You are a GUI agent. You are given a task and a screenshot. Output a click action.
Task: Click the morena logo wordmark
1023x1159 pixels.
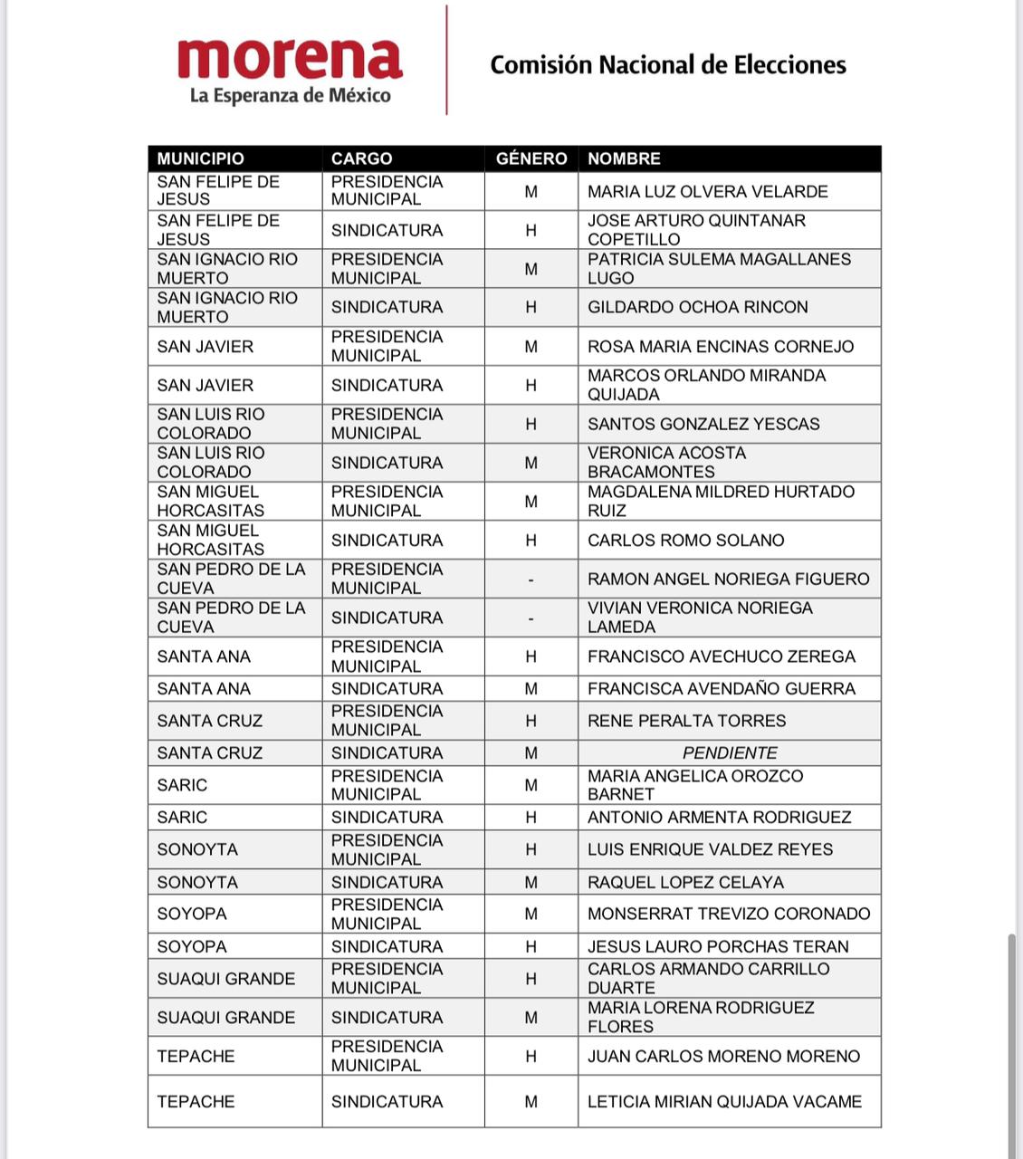[x=290, y=59]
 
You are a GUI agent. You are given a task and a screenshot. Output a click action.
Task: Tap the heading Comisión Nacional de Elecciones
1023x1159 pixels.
[x=668, y=65]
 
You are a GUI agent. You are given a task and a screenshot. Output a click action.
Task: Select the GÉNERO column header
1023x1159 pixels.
[x=531, y=158]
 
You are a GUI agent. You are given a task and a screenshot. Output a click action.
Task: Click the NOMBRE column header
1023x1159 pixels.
[x=624, y=158]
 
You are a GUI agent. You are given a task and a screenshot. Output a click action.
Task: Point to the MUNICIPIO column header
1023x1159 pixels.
[x=200, y=158]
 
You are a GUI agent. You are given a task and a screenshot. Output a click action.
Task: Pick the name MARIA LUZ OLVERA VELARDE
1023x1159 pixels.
[x=707, y=191]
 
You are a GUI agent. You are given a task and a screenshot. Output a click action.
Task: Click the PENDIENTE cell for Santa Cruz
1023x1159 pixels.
[x=730, y=752]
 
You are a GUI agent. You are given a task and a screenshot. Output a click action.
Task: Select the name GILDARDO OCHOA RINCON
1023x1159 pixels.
[x=697, y=307]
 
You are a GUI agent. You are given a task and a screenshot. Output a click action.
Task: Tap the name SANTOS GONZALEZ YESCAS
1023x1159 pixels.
[x=703, y=424]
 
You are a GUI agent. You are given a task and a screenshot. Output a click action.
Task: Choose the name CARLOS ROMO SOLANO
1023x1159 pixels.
[x=685, y=541]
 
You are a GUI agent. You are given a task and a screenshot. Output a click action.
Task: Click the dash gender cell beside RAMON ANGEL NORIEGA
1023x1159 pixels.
[x=531, y=579]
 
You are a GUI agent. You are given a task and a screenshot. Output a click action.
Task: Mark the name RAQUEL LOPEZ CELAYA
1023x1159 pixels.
[x=685, y=882]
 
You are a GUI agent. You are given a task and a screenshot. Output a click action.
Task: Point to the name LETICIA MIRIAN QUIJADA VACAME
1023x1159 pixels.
[x=724, y=1101]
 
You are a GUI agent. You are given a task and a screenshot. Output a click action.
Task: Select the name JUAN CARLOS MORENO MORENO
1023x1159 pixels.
[x=723, y=1056]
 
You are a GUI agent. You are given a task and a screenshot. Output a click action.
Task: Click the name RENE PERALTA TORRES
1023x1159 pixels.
[x=686, y=721]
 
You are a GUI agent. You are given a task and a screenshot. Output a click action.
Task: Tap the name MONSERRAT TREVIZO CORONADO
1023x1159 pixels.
[x=729, y=914]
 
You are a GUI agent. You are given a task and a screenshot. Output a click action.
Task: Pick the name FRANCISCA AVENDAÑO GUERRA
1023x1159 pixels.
[x=721, y=688]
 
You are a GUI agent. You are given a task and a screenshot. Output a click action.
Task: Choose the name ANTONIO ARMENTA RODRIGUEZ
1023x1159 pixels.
[x=719, y=817]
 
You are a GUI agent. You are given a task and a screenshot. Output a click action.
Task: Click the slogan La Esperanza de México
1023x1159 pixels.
[x=290, y=95]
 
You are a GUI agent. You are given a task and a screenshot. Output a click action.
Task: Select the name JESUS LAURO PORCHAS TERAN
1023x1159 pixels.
[x=718, y=946]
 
